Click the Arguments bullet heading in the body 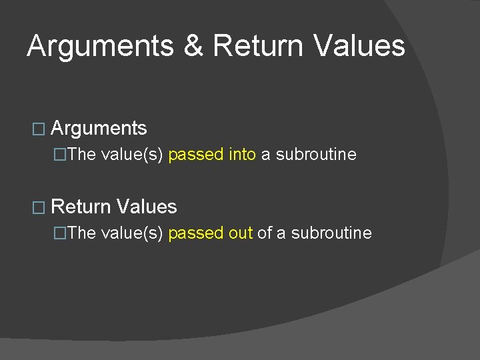click(x=99, y=128)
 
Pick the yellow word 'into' click(x=242, y=155)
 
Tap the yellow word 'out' click(x=241, y=233)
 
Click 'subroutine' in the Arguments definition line click(x=316, y=155)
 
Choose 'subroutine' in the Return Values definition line click(x=331, y=233)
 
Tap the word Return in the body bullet click(x=81, y=207)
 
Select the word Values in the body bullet click(x=147, y=207)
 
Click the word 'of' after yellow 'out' click(x=265, y=233)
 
